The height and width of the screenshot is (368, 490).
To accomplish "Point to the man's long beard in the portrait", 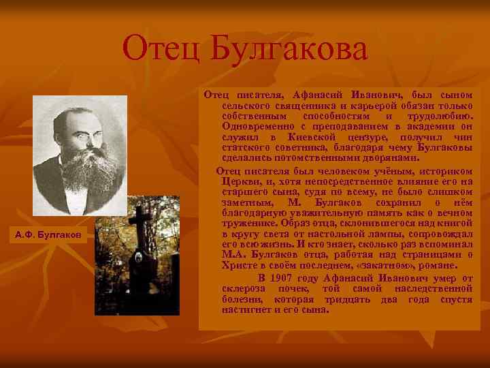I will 78,167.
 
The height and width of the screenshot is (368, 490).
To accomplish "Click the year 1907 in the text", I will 282,278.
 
